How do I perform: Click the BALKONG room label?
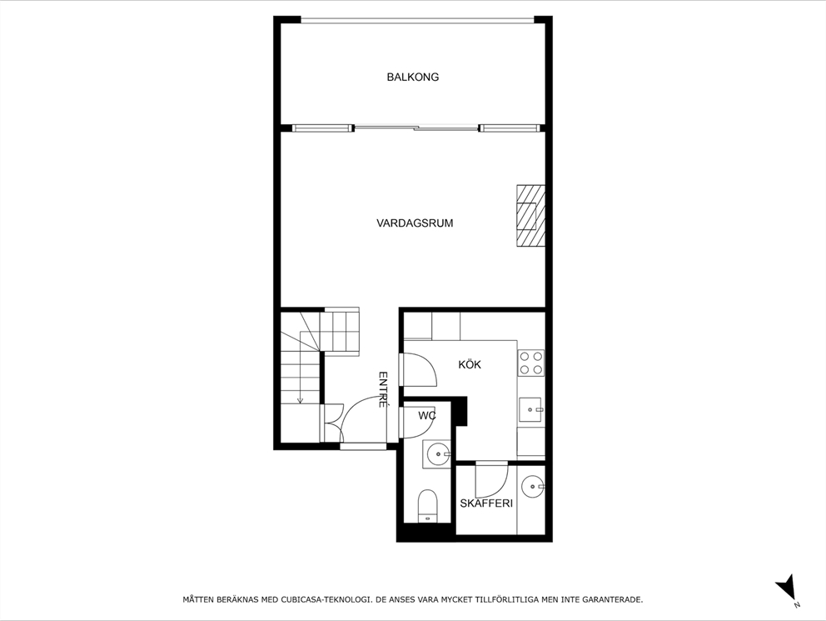point(412,77)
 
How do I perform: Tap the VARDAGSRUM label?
point(414,223)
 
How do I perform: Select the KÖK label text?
point(470,364)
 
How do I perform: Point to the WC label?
point(427,415)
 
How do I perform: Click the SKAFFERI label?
point(485,503)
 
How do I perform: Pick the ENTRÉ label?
point(383,388)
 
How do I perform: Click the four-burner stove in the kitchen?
point(531,363)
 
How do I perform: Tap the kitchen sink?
point(531,410)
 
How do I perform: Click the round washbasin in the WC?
point(437,454)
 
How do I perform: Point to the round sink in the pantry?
point(531,484)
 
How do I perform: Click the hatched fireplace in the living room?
point(530,215)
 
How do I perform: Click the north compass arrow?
point(785,588)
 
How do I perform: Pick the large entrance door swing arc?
point(364,417)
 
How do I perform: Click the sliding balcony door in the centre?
point(416,128)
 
